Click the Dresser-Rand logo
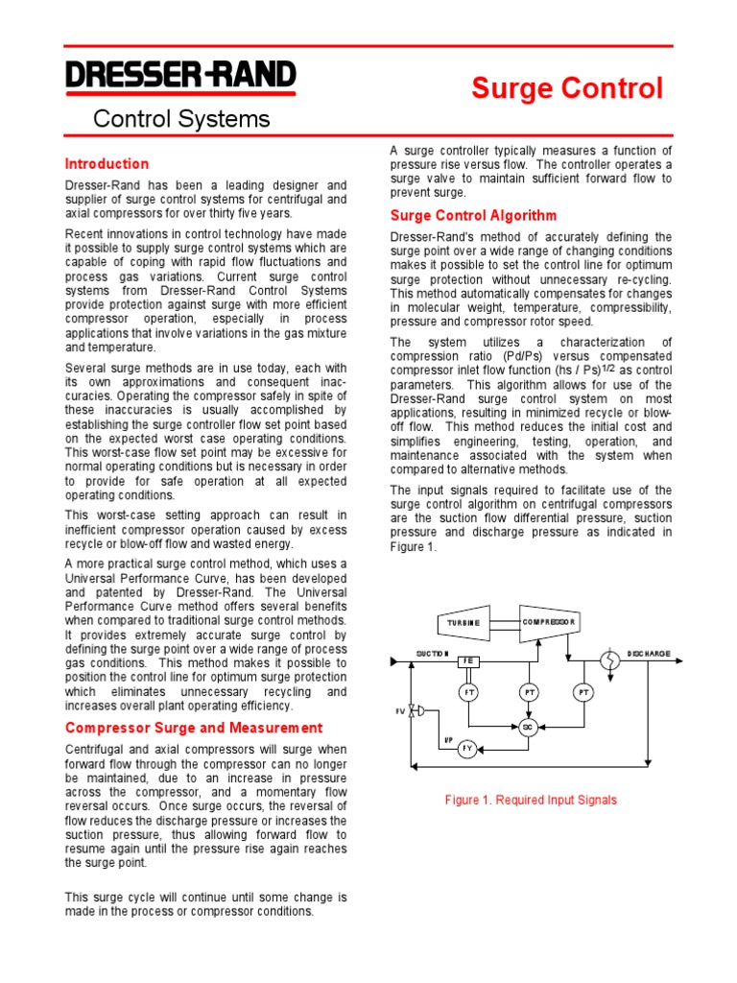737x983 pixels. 180,77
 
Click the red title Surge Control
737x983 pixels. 566,89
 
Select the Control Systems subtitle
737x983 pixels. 180,119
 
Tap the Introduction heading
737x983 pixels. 107,164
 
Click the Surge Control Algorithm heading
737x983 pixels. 472,216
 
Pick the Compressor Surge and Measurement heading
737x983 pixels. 194,728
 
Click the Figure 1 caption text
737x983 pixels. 531,800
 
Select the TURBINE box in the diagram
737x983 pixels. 464,623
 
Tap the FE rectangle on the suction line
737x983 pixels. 468,661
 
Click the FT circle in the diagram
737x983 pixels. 469,692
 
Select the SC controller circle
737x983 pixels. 528,727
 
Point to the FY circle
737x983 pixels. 467,749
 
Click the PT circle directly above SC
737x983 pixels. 528,692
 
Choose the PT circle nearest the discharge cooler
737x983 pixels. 582,692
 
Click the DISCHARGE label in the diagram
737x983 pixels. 649,653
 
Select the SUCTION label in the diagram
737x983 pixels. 433,653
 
